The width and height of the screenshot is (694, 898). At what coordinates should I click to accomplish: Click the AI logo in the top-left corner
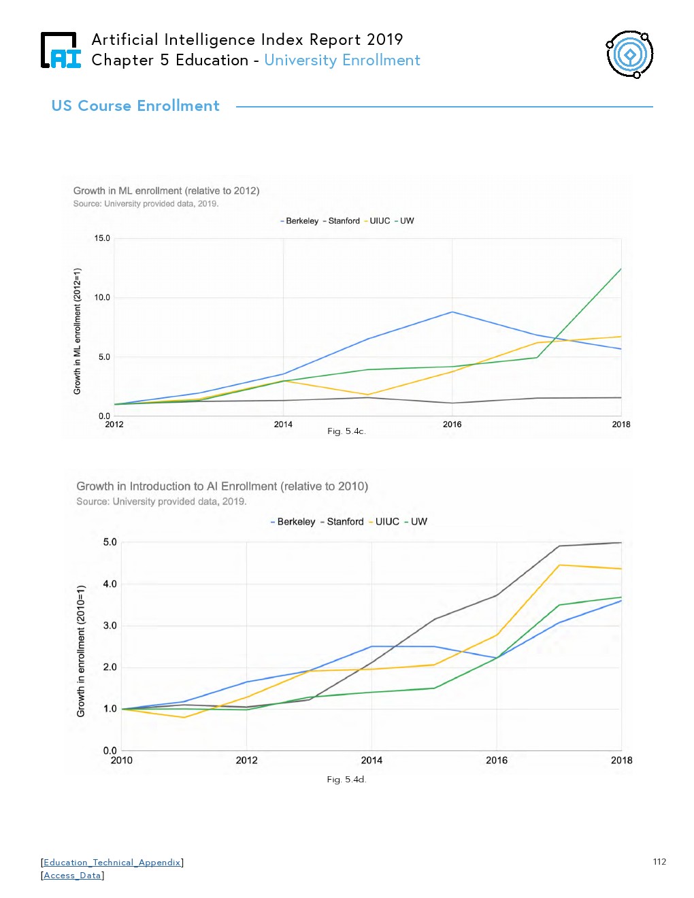(61, 50)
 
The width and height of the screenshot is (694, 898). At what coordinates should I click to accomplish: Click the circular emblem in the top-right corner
(630, 54)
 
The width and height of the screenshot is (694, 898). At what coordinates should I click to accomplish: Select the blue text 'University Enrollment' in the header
(342, 61)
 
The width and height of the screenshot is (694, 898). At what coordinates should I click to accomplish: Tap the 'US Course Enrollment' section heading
(135, 106)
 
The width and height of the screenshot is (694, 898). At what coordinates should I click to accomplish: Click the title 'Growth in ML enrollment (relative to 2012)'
(166, 190)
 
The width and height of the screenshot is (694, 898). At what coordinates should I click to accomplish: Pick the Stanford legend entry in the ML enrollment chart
(343, 221)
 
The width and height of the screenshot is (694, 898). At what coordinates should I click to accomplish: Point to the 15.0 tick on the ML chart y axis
(102, 239)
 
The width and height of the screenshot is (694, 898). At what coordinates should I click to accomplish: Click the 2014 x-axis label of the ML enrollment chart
(283, 425)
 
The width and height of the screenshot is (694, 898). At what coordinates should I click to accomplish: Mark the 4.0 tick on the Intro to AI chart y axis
(110, 584)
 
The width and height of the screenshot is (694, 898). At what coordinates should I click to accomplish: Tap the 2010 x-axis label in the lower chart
(122, 761)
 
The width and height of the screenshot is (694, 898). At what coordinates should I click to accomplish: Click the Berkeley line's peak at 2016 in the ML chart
(452, 312)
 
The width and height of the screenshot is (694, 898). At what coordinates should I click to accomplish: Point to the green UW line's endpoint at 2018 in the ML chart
(621, 269)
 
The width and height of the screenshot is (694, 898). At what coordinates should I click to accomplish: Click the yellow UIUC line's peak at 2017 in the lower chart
(559, 565)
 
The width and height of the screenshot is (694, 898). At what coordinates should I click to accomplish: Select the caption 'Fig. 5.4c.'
(346, 431)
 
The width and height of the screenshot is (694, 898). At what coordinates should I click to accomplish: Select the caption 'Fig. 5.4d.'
(346, 780)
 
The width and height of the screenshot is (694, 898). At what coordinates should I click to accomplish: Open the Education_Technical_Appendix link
(112, 863)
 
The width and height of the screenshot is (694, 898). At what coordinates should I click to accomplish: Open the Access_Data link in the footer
(73, 876)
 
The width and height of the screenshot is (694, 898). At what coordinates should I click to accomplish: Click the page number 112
(659, 862)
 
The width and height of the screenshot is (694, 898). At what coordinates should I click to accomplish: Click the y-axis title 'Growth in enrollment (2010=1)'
(81, 650)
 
